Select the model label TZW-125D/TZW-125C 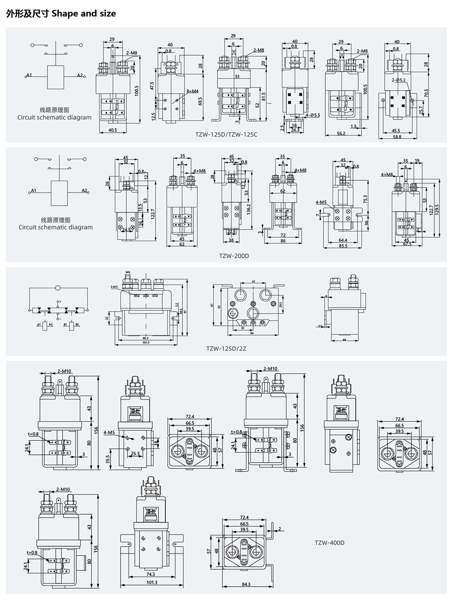(226, 134)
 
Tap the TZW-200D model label (234, 256)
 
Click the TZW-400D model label (329, 542)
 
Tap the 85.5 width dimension (343, 246)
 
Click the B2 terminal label (77, 325)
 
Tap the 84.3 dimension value (246, 584)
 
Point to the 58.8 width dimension (397, 136)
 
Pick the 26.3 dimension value (295, 130)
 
